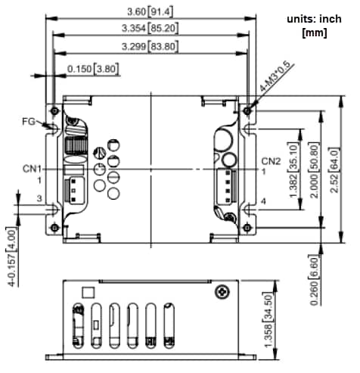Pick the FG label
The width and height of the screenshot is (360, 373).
29,121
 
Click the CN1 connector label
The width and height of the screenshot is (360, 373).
33,168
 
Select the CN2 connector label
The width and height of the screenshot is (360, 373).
272,161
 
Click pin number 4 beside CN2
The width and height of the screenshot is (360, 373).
263,200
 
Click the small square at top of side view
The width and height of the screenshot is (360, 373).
88,291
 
